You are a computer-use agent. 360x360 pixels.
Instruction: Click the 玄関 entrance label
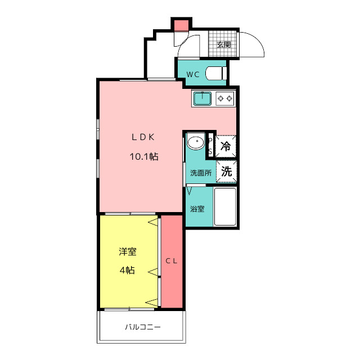[x=224, y=44]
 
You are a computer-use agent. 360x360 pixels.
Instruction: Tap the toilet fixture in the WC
[x=216, y=73]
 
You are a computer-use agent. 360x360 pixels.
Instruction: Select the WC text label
[x=192, y=74]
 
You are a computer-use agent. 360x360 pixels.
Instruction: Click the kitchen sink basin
[x=202, y=98]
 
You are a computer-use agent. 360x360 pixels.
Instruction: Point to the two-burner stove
[x=225, y=99]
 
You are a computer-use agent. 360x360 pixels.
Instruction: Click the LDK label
[x=143, y=137]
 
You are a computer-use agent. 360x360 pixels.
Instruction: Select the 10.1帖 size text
[x=144, y=156]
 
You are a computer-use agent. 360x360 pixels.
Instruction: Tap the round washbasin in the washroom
[x=196, y=141]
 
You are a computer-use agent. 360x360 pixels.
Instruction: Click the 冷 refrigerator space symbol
[x=226, y=146]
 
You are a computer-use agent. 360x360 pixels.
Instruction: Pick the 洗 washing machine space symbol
[x=226, y=171]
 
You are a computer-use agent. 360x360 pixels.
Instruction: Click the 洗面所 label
[x=201, y=173]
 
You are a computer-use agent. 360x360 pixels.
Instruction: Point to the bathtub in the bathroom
[x=225, y=206]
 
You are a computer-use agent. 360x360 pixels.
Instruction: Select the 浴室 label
[x=197, y=209]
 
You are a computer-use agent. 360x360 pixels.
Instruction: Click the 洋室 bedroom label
[x=128, y=251]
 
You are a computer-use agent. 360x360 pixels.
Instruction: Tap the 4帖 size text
[x=127, y=270]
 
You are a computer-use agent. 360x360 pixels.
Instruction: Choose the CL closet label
[x=172, y=261]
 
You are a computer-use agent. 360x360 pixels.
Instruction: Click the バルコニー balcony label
[x=143, y=327]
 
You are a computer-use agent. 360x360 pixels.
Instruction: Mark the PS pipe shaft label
[x=210, y=146]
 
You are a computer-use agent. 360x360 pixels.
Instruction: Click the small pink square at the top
[x=181, y=25]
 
